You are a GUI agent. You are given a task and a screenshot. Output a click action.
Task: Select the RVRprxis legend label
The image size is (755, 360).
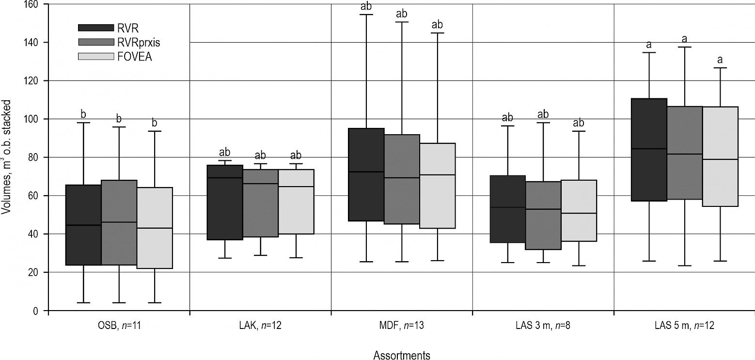click(139, 43)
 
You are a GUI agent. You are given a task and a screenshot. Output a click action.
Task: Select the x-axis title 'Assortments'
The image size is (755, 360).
click(402, 356)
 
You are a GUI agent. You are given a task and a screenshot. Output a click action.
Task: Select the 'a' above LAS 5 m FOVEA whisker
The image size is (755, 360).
click(720, 60)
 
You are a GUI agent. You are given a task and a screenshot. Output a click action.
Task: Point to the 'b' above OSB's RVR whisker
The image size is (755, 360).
click(83, 115)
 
